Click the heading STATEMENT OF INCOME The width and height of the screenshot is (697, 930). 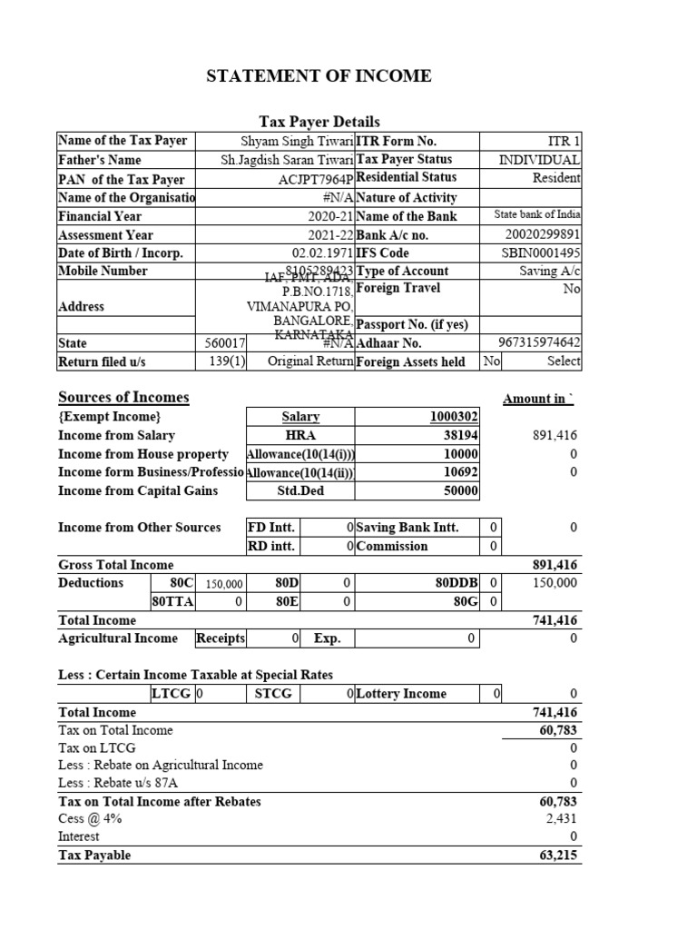pyautogui.click(x=319, y=76)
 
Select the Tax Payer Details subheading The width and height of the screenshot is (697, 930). pyautogui.click(x=319, y=122)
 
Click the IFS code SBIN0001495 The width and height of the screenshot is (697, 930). pyautogui.click(x=541, y=252)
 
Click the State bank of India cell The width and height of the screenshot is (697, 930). pyautogui.click(x=537, y=215)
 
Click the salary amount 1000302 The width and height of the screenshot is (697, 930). pyautogui.click(x=453, y=417)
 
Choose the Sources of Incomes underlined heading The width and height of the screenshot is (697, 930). pyautogui.click(x=123, y=397)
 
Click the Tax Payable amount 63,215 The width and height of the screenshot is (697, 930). pyautogui.click(x=557, y=855)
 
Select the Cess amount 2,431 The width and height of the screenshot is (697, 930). pyautogui.click(x=561, y=818)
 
